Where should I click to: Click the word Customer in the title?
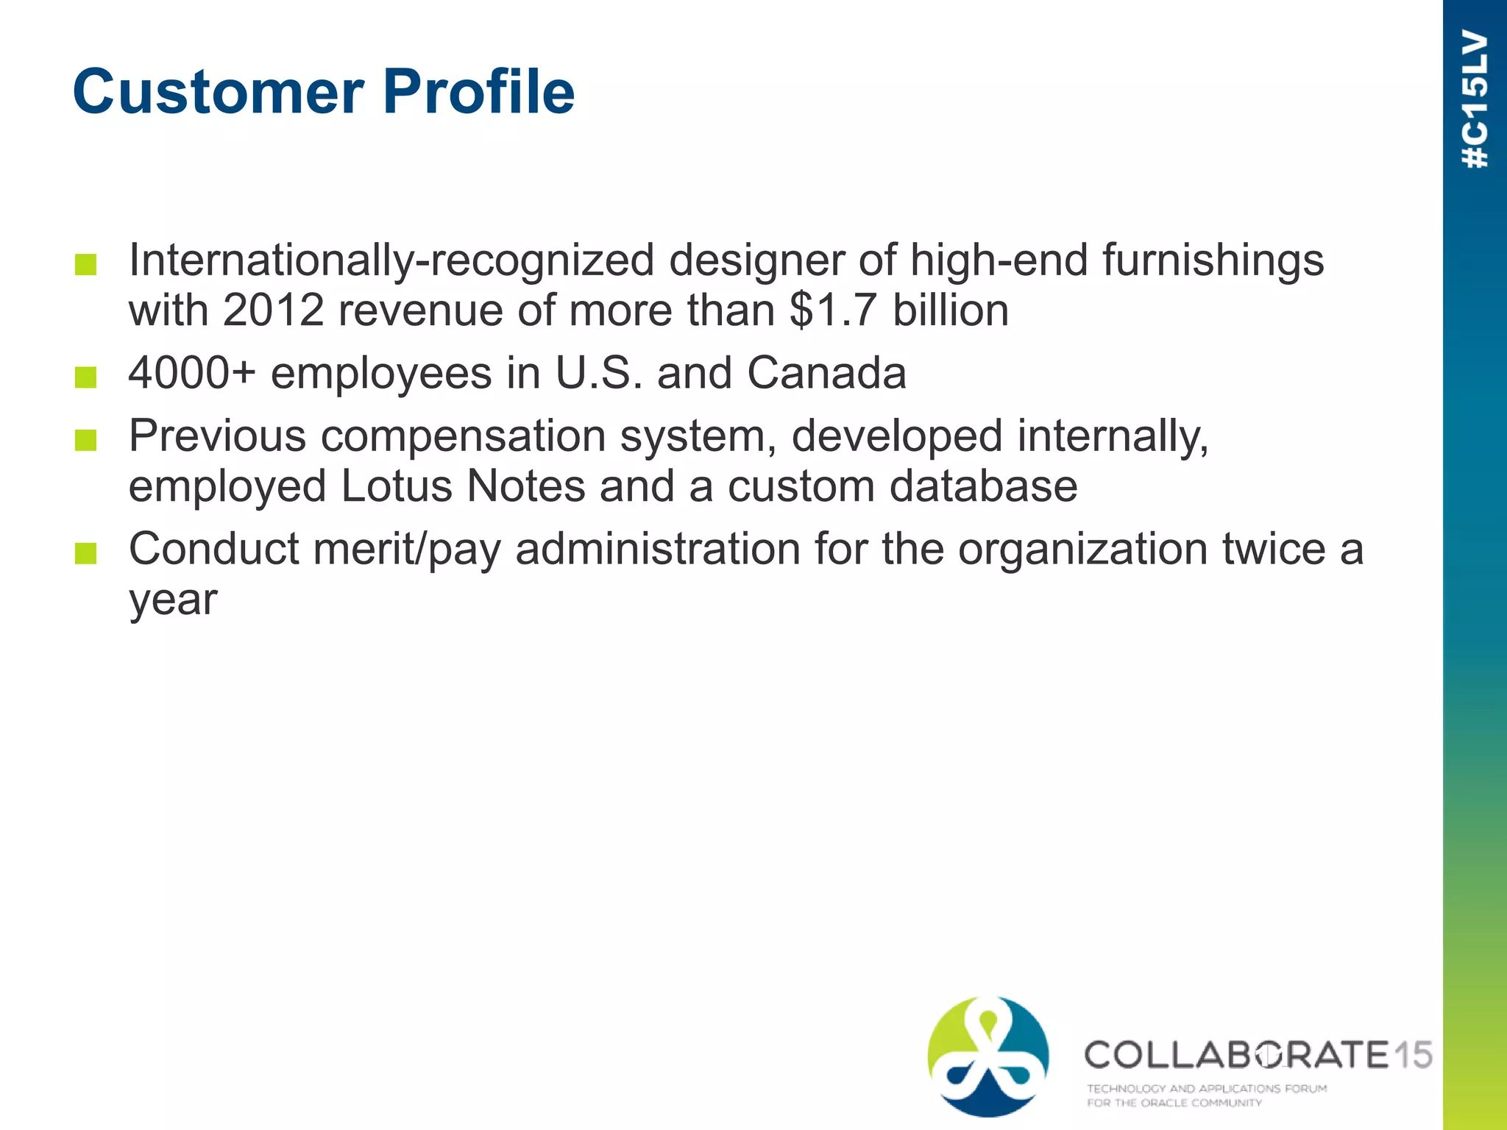219,93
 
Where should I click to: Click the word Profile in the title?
479,93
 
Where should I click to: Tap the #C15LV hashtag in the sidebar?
1475,99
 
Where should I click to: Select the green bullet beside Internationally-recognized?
86,264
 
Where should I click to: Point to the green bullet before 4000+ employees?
86,377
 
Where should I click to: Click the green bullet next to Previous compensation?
86,440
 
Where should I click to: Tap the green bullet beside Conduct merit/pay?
86,553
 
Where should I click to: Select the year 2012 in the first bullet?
273,310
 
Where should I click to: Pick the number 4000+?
192,374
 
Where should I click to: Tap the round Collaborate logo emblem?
988,1056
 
